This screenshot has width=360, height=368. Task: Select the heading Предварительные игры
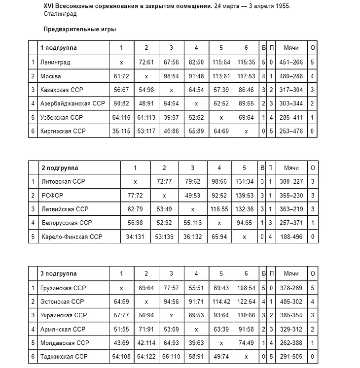pos(79,30)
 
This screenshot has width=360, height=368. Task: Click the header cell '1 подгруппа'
pos(58,48)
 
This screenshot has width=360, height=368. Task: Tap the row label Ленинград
pos(55,63)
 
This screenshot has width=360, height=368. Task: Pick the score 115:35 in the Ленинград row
pos(246,63)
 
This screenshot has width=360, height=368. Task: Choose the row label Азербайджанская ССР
pos(72,104)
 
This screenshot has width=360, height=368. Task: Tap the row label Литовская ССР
pos(63,182)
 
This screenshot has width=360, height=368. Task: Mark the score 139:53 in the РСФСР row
pos(244,196)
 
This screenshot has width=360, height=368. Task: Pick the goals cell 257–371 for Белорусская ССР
pos(291,223)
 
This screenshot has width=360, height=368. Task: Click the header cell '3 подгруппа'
pos(58,273)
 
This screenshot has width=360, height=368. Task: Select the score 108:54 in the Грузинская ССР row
pos(246,287)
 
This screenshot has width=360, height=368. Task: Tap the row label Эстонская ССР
pos(62,301)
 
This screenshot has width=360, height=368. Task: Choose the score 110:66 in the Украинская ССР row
pos(246,315)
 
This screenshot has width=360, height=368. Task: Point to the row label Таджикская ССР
pos(64,356)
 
